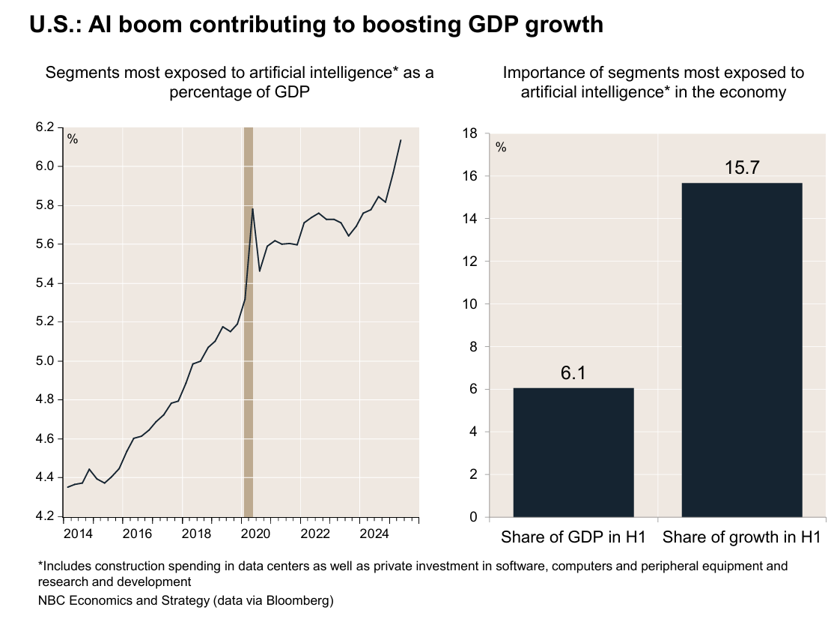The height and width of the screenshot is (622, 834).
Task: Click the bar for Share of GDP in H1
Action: [x=573, y=452]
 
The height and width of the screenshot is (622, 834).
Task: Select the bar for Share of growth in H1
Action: [x=742, y=349]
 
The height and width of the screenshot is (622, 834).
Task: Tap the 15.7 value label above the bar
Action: [x=742, y=167]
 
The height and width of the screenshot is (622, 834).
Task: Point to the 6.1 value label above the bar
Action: [x=573, y=372]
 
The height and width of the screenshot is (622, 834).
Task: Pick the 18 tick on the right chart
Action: [x=469, y=133]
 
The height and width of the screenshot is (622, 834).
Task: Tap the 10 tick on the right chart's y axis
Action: [x=469, y=304]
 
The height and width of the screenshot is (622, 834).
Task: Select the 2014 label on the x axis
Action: [x=78, y=534]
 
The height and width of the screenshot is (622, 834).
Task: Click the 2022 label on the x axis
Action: [x=314, y=534]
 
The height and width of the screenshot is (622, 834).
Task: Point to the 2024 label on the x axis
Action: [x=374, y=534]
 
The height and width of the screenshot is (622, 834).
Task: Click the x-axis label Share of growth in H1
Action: [x=742, y=537]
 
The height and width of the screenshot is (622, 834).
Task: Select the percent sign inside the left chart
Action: [x=73, y=139]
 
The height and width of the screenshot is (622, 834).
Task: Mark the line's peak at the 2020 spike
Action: [x=252, y=208]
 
